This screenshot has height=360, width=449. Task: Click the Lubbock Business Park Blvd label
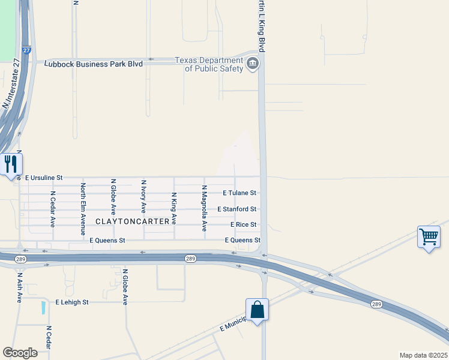click(94, 64)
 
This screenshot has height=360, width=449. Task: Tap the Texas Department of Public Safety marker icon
click(253, 63)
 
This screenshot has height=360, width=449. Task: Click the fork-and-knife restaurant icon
click(11, 164)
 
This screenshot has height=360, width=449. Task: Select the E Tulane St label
click(240, 193)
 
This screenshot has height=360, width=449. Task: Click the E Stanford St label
click(237, 209)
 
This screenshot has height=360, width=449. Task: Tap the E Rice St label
click(244, 224)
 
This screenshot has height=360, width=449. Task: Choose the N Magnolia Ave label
click(204, 209)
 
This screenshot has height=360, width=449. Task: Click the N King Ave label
click(174, 208)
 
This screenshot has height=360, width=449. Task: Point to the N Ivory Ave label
click(143, 196)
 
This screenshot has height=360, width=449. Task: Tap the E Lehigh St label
click(72, 302)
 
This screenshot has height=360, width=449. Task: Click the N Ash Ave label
click(20, 288)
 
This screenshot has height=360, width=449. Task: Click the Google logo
click(20, 353)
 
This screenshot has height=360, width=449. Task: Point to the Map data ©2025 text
click(423, 355)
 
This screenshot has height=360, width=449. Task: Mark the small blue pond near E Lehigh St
click(43, 308)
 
